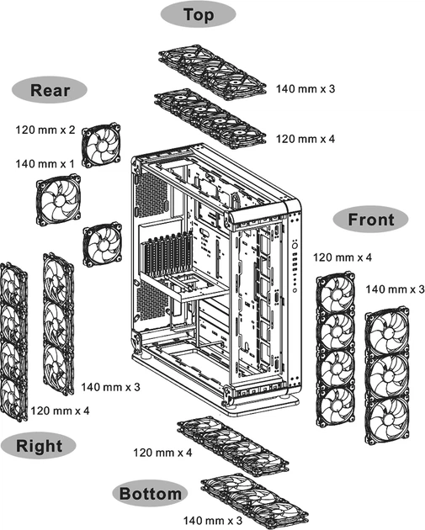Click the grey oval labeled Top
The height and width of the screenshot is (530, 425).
coord(199,15)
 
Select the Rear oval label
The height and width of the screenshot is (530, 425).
coord(47,90)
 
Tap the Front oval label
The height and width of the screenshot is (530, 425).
coord(370,220)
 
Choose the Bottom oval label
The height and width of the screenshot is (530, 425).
coord(150,493)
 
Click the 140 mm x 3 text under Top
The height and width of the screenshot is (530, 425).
coord(305,88)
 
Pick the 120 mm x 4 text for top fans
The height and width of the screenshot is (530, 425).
coord(305,138)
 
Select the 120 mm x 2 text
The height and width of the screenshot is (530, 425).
coord(45,130)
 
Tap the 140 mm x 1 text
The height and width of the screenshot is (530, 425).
coord(45,162)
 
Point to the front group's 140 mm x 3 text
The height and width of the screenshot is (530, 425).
coord(396,289)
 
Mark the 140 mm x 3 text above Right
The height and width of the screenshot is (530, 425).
coord(110,387)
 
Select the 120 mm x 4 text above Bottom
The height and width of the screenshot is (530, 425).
coord(162,453)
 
